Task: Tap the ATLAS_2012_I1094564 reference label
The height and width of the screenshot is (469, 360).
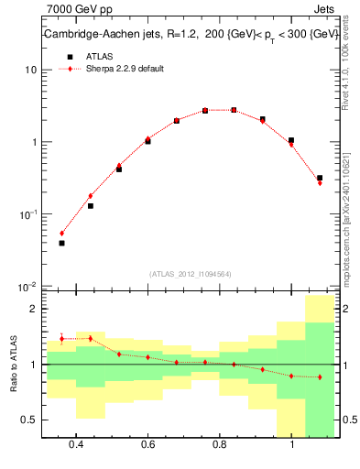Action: click(x=191, y=274)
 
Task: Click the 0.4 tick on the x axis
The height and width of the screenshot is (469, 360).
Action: click(x=76, y=444)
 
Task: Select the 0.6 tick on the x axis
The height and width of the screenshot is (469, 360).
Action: click(x=147, y=444)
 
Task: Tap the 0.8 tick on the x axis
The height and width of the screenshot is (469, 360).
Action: click(x=220, y=444)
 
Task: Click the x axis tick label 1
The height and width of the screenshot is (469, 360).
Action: click(x=291, y=444)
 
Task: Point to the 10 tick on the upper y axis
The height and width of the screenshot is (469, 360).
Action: click(x=31, y=71)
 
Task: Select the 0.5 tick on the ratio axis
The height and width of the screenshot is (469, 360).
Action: click(x=30, y=420)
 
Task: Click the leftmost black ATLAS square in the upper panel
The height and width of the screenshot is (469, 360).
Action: click(x=61, y=243)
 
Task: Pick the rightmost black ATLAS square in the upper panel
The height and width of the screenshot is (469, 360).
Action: click(x=320, y=178)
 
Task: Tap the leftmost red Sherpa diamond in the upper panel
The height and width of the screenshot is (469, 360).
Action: click(x=61, y=234)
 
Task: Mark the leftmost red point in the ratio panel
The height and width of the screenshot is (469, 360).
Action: click(x=61, y=339)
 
